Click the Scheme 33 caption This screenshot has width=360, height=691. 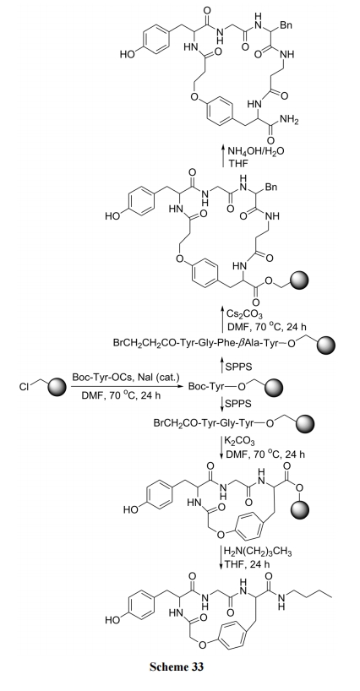[177, 666]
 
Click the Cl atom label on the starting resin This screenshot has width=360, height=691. [24, 387]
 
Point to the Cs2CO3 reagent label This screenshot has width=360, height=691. [244, 314]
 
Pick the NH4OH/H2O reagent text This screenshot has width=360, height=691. [255, 151]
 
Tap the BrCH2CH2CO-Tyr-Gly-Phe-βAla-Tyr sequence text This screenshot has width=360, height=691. [196, 342]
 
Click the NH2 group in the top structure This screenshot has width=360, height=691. [289, 119]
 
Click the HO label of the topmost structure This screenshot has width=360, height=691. [127, 54]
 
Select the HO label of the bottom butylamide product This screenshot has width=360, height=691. [112, 621]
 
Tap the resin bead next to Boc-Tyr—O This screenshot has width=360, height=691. [272, 388]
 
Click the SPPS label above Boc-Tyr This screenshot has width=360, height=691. [239, 367]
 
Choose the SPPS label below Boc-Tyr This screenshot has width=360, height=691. [238, 404]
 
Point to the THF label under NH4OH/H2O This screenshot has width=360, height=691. [238, 163]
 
